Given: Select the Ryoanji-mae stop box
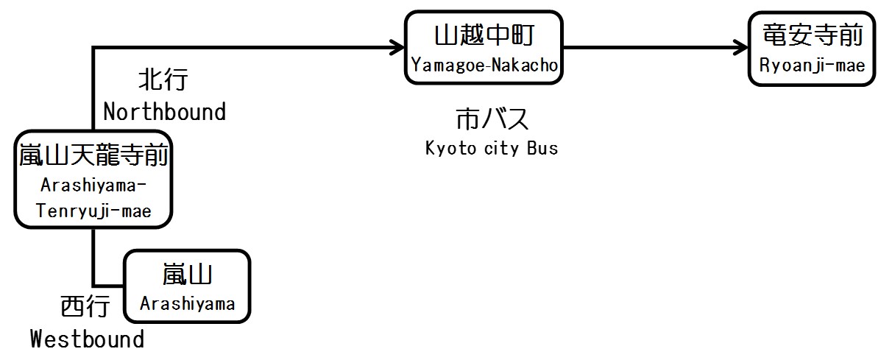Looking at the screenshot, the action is point(812,49).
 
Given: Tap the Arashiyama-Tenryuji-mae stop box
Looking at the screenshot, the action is point(93,180).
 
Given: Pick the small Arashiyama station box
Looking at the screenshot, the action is point(187,286).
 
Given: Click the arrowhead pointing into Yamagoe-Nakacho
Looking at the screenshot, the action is point(397,49).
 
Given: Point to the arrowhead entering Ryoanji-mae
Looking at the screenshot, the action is point(739,49).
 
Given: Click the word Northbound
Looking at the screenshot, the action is point(164,112).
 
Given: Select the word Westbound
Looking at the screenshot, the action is point(87,339).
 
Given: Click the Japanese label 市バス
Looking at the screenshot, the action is point(492,120).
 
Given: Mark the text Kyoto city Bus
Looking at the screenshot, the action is point(492,148).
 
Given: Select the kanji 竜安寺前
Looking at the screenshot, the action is point(812,35).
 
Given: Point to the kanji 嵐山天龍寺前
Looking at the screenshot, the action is point(93,156).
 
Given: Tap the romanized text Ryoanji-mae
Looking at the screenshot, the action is point(812,66).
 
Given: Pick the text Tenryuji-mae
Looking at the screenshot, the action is point(93,211).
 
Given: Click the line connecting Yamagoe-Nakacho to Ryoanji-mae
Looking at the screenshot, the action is point(648,49).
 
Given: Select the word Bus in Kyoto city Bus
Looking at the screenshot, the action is point(542,148).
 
